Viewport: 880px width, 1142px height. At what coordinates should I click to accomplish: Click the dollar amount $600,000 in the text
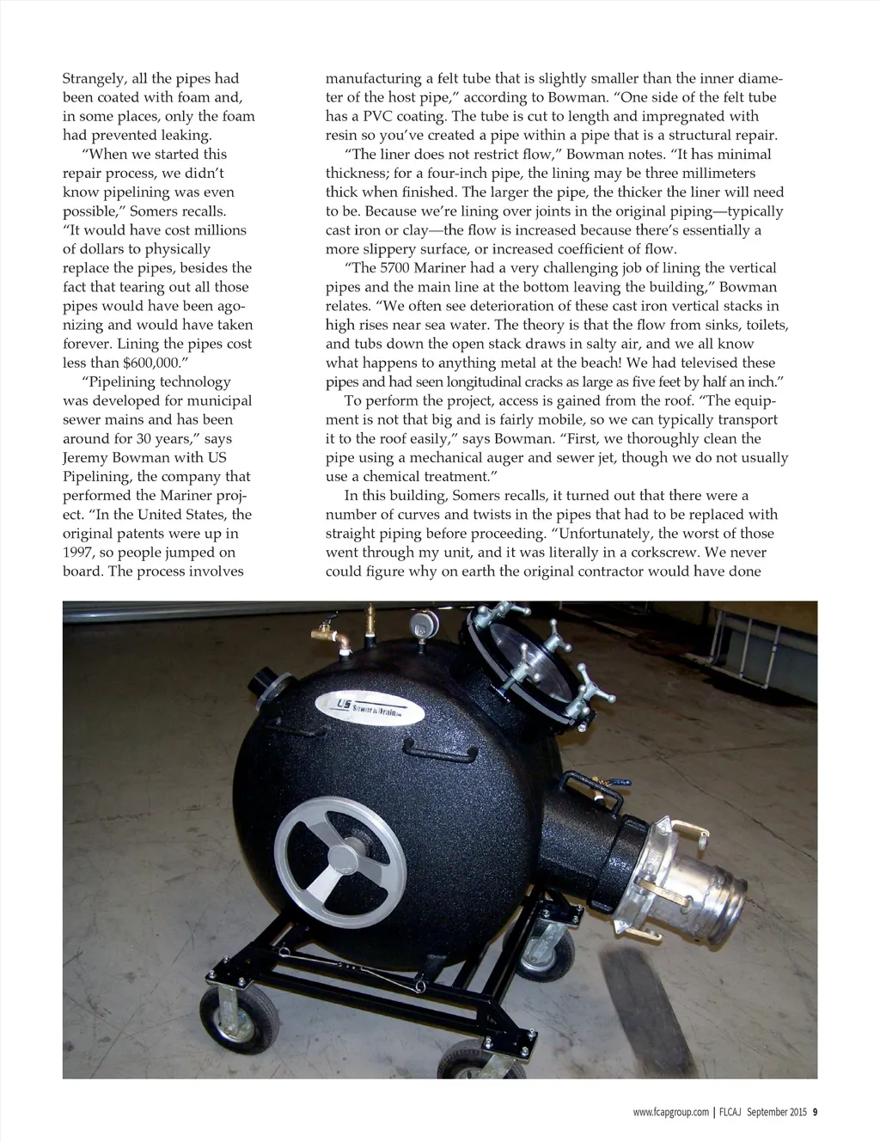154,363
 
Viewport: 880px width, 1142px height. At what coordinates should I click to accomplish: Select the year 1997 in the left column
77,553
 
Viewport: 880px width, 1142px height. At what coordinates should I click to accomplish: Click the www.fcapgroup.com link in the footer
670,1112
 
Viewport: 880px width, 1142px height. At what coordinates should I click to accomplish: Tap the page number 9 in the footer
815,1112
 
